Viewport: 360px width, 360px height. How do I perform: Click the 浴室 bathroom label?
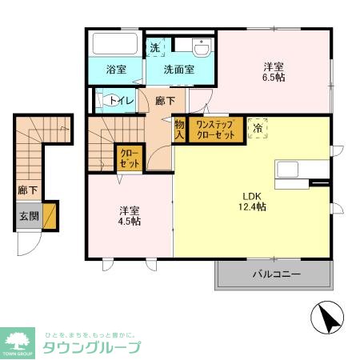click(x=116, y=70)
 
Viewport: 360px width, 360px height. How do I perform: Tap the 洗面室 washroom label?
click(x=179, y=70)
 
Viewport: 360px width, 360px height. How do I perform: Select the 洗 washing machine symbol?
click(x=155, y=46)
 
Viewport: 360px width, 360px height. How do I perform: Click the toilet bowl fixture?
click(x=105, y=101)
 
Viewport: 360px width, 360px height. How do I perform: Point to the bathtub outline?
click(x=115, y=43)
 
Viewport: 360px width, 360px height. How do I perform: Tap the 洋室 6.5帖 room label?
click(x=274, y=72)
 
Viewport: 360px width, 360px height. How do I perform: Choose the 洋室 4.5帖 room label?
click(x=130, y=215)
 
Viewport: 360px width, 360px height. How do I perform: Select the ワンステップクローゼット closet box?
click(x=216, y=130)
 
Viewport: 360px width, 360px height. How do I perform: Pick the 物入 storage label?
click(x=180, y=130)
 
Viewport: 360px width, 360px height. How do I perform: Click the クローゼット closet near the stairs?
click(x=129, y=158)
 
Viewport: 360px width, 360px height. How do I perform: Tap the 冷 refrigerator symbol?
click(x=258, y=129)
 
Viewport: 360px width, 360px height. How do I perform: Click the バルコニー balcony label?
click(x=276, y=274)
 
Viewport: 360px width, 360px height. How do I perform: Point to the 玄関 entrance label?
click(x=27, y=215)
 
